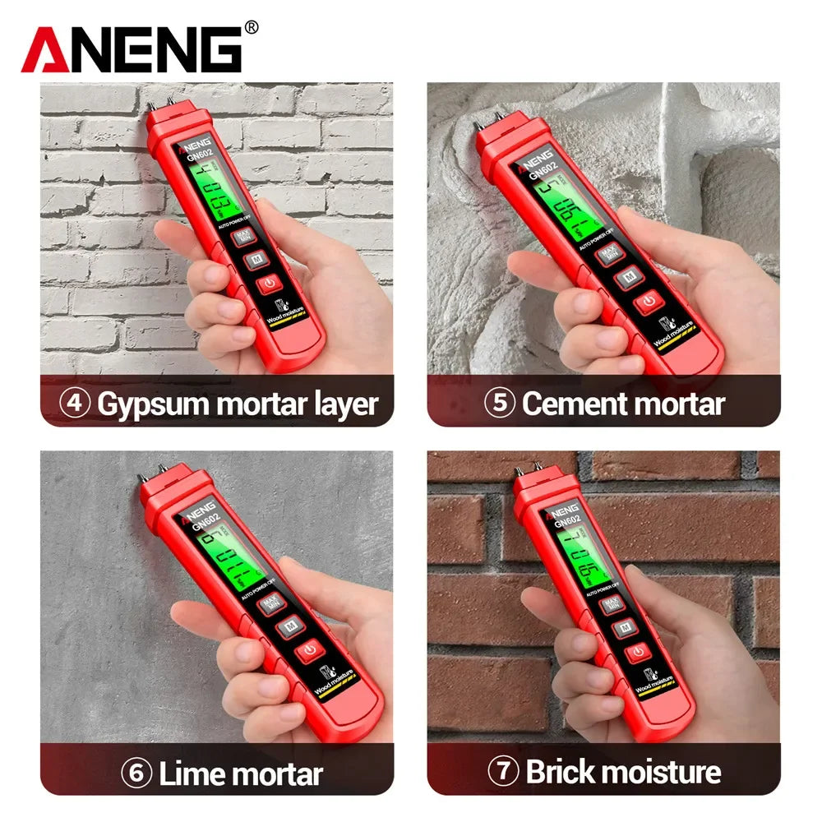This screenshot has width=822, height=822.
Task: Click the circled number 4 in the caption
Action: click(x=75, y=404)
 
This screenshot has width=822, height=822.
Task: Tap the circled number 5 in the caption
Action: click(x=499, y=404)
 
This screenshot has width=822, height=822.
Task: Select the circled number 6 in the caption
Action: click(x=136, y=774)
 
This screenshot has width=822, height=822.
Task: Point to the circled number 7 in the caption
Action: click(x=504, y=772)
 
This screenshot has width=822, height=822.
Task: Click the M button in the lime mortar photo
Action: click(x=289, y=628)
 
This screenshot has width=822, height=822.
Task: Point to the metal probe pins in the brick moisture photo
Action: click(x=529, y=469)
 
